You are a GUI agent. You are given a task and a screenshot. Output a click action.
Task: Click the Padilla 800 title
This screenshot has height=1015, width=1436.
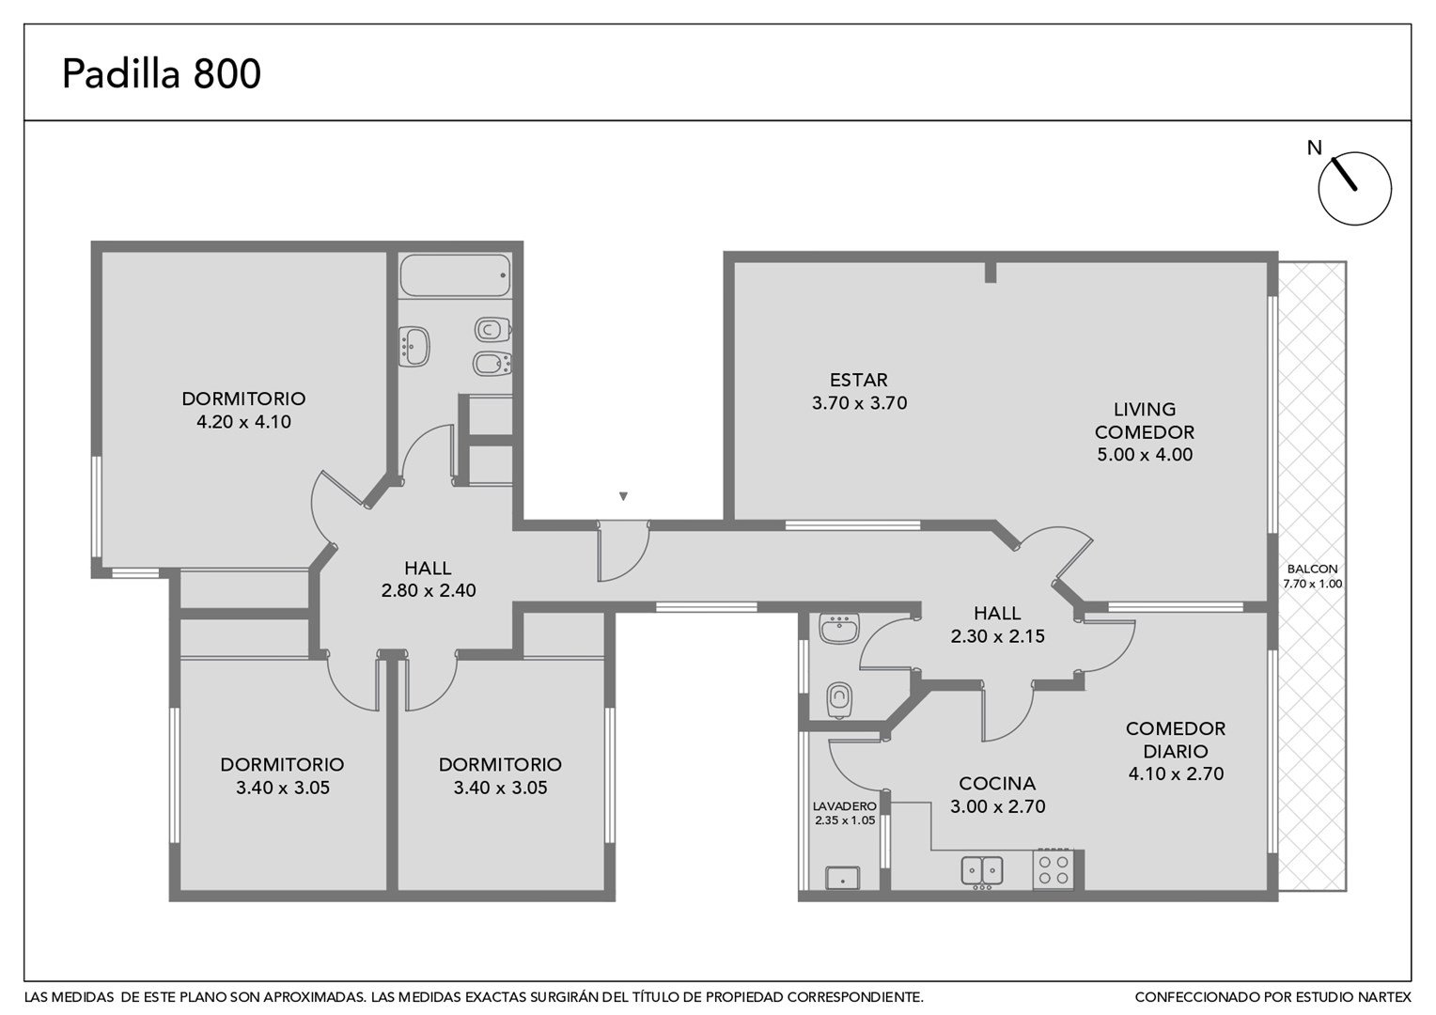tap(162, 73)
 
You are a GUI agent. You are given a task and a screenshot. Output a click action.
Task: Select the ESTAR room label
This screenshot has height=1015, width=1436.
tap(858, 381)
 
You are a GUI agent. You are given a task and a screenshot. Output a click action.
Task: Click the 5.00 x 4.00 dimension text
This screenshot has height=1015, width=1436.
tap(1145, 455)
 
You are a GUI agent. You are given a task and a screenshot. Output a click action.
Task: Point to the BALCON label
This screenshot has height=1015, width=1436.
tap(1312, 569)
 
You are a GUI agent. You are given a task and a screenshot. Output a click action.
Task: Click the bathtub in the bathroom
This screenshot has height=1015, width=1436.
tap(455, 275)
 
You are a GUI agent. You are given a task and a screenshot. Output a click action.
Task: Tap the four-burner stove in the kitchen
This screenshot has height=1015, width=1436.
tap(1054, 869)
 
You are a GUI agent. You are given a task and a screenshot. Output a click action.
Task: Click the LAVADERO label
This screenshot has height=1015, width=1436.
tap(844, 806)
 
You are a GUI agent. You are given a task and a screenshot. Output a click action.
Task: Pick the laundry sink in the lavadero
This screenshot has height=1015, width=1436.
tap(842, 878)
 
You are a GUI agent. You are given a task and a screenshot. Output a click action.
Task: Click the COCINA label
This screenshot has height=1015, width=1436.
tap(997, 783)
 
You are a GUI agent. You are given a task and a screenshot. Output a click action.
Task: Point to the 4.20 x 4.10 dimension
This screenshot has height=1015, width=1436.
tap(243, 422)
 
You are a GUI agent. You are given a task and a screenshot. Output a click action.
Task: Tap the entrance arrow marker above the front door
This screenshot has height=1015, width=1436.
tap(622, 495)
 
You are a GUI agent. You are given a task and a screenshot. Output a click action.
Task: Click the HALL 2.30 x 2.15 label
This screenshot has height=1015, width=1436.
tap(997, 625)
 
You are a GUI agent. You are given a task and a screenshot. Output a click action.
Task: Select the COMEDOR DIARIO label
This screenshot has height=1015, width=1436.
tap(1176, 740)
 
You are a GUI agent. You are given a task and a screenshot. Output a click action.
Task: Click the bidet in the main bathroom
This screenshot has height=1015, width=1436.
tap(492, 365)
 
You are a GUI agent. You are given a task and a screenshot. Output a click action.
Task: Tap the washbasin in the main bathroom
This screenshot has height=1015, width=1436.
tap(414, 346)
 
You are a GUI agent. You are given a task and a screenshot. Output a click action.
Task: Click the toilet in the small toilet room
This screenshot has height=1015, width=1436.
tap(839, 699)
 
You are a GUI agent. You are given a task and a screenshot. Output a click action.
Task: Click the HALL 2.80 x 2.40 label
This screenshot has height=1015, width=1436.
tap(429, 579)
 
